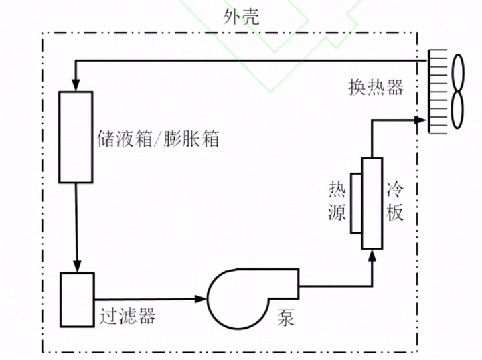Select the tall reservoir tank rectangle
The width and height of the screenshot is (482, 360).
pos(75,137)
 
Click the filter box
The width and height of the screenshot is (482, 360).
pos(77,300)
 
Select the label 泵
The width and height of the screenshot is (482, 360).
pos(286,318)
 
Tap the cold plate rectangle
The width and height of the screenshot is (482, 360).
pos(372,203)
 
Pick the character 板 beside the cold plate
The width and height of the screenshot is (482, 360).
pos(395,213)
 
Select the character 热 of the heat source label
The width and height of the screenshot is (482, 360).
pos(337,190)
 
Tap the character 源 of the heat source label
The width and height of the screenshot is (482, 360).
pos(337,213)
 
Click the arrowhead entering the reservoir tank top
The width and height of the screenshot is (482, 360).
pos(76,86)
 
